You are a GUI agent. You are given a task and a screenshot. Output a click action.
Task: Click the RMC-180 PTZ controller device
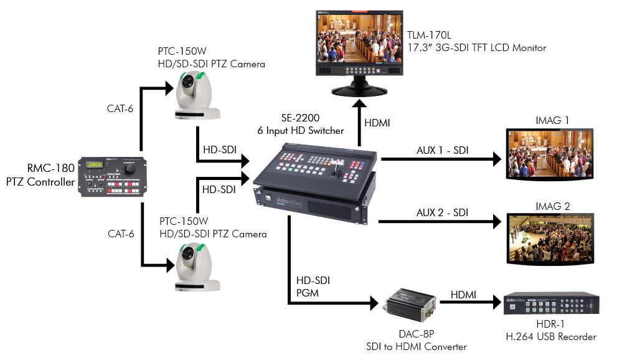pos(111,178)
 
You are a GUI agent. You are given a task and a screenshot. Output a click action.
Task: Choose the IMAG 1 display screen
pos(549,154)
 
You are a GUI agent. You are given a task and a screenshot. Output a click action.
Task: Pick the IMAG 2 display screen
pos(549,239)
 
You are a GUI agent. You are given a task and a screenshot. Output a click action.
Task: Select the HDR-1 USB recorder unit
pos(551,303)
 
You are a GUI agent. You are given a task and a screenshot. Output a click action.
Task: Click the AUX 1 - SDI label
pos(442,150)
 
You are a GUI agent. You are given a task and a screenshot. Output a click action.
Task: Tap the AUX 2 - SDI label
pos(442,212)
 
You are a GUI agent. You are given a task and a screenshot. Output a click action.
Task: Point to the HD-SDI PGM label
pos(313,287)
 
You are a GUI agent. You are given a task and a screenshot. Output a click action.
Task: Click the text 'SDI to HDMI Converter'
pos(417,347)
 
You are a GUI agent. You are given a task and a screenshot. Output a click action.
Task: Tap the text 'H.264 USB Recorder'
pos(551,337)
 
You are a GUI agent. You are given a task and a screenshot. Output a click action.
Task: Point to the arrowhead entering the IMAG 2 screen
pos(496,221)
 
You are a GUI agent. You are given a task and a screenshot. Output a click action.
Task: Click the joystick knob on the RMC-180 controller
pos(130,169)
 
